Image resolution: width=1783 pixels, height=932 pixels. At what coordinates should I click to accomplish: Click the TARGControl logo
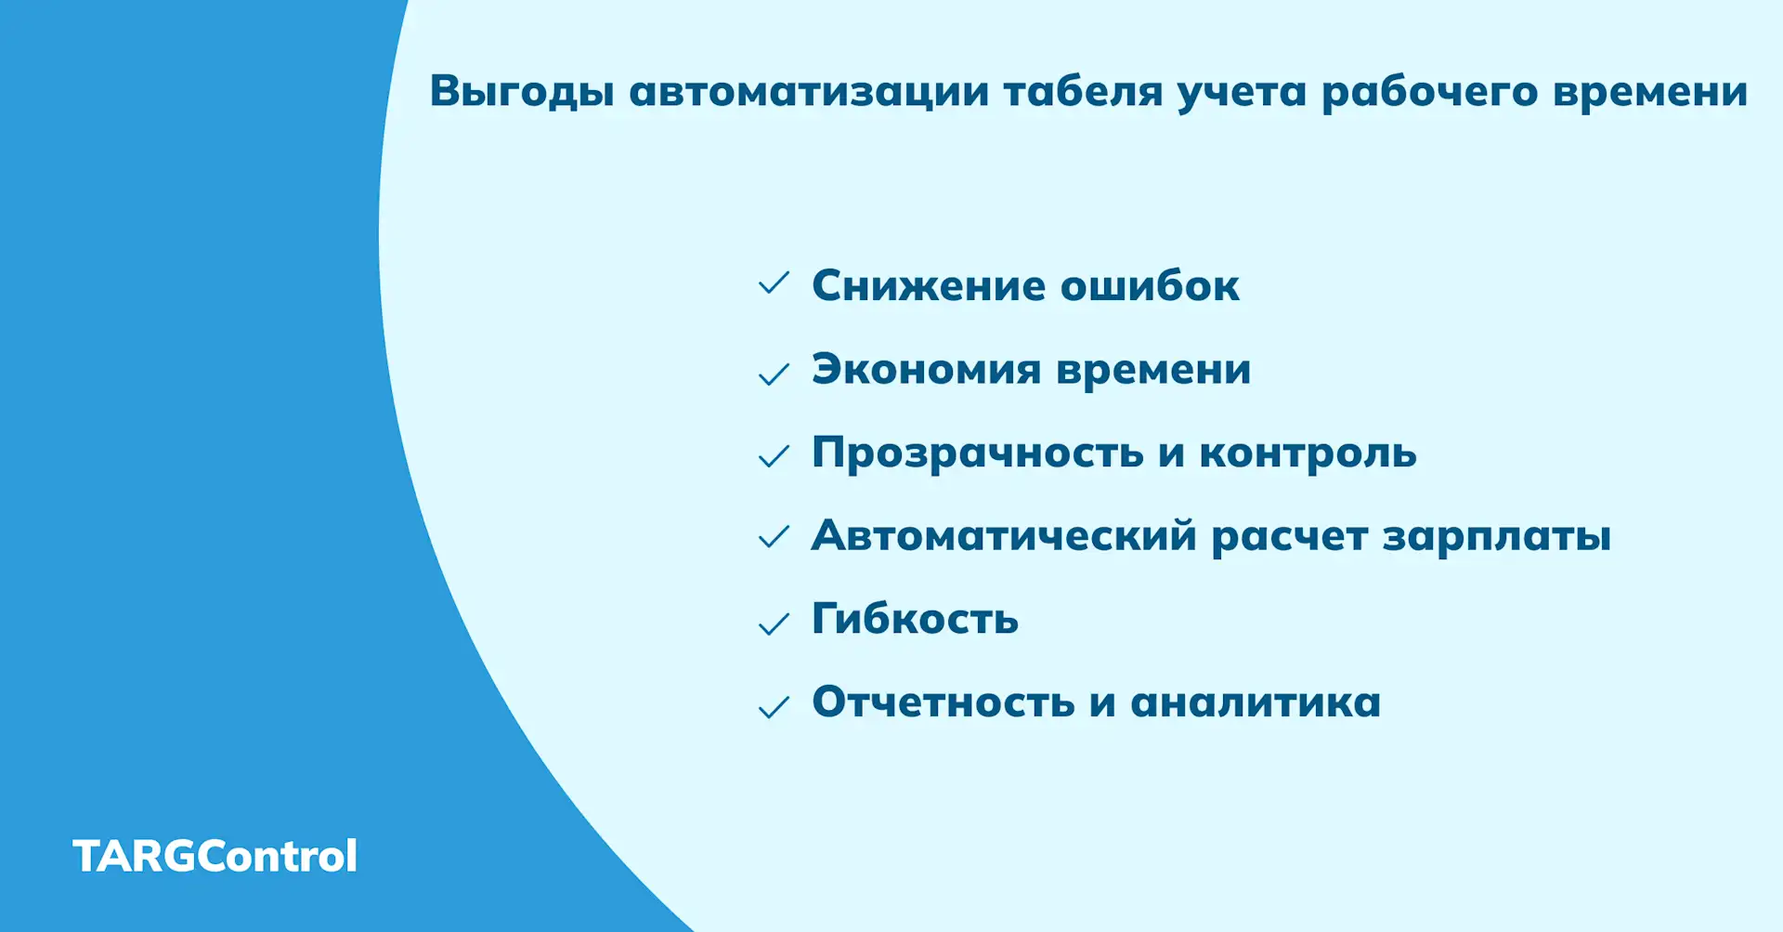click(x=215, y=856)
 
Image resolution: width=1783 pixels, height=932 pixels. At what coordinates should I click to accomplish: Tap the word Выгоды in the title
click(x=521, y=92)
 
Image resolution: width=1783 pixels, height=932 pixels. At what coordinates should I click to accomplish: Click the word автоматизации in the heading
click(x=809, y=92)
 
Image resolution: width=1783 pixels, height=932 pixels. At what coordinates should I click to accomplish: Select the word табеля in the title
click(x=1083, y=92)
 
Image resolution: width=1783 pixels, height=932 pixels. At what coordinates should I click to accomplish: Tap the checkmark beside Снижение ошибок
click(x=774, y=283)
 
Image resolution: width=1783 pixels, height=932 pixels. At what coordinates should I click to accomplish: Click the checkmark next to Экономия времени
click(x=774, y=374)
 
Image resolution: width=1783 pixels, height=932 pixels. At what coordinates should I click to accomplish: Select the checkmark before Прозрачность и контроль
click(x=774, y=456)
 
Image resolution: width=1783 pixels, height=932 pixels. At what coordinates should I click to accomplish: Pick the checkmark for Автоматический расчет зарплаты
click(x=774, y=537)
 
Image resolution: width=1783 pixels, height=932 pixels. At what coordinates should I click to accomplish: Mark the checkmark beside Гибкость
click(x=774, y=624)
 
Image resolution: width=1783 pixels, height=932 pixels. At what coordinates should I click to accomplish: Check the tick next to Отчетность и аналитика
click(x=774, y=707)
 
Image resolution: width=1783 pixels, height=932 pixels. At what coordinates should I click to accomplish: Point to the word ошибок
click(x=1150, y=285)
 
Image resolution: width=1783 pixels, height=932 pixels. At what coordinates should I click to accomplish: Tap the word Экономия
click(x=926, y=370)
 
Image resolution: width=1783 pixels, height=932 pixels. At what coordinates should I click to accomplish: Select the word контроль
click(x=1308, y=453)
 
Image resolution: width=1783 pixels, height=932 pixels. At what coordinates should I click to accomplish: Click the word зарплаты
click(x=1496, y=537)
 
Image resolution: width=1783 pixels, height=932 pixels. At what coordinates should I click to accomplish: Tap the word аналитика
click(x=1256, y=702)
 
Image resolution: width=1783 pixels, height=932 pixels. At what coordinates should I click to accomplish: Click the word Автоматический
click(x=1004, y=536)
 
